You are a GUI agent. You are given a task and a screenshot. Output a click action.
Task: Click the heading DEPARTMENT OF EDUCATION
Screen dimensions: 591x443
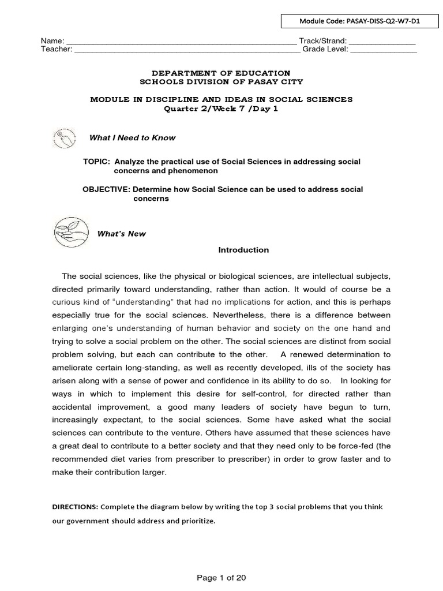tap(221, 73)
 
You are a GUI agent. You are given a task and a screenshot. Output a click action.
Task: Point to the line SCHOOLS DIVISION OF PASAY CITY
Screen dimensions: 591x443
tap(221, 82)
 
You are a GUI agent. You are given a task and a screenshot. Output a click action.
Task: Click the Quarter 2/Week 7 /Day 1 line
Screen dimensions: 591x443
tap(221, 109)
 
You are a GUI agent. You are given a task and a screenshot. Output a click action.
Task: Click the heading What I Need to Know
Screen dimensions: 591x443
tap(132, 138)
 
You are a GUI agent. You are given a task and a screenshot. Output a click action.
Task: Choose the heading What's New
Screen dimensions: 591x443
tap(121, 234)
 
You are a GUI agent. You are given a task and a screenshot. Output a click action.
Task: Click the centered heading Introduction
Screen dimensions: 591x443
tap(243, 250)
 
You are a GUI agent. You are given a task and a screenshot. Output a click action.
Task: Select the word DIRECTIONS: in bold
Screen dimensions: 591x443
tap(75, 507)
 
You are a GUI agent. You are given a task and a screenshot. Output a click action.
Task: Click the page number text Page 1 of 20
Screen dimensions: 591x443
tap(221, 576)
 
